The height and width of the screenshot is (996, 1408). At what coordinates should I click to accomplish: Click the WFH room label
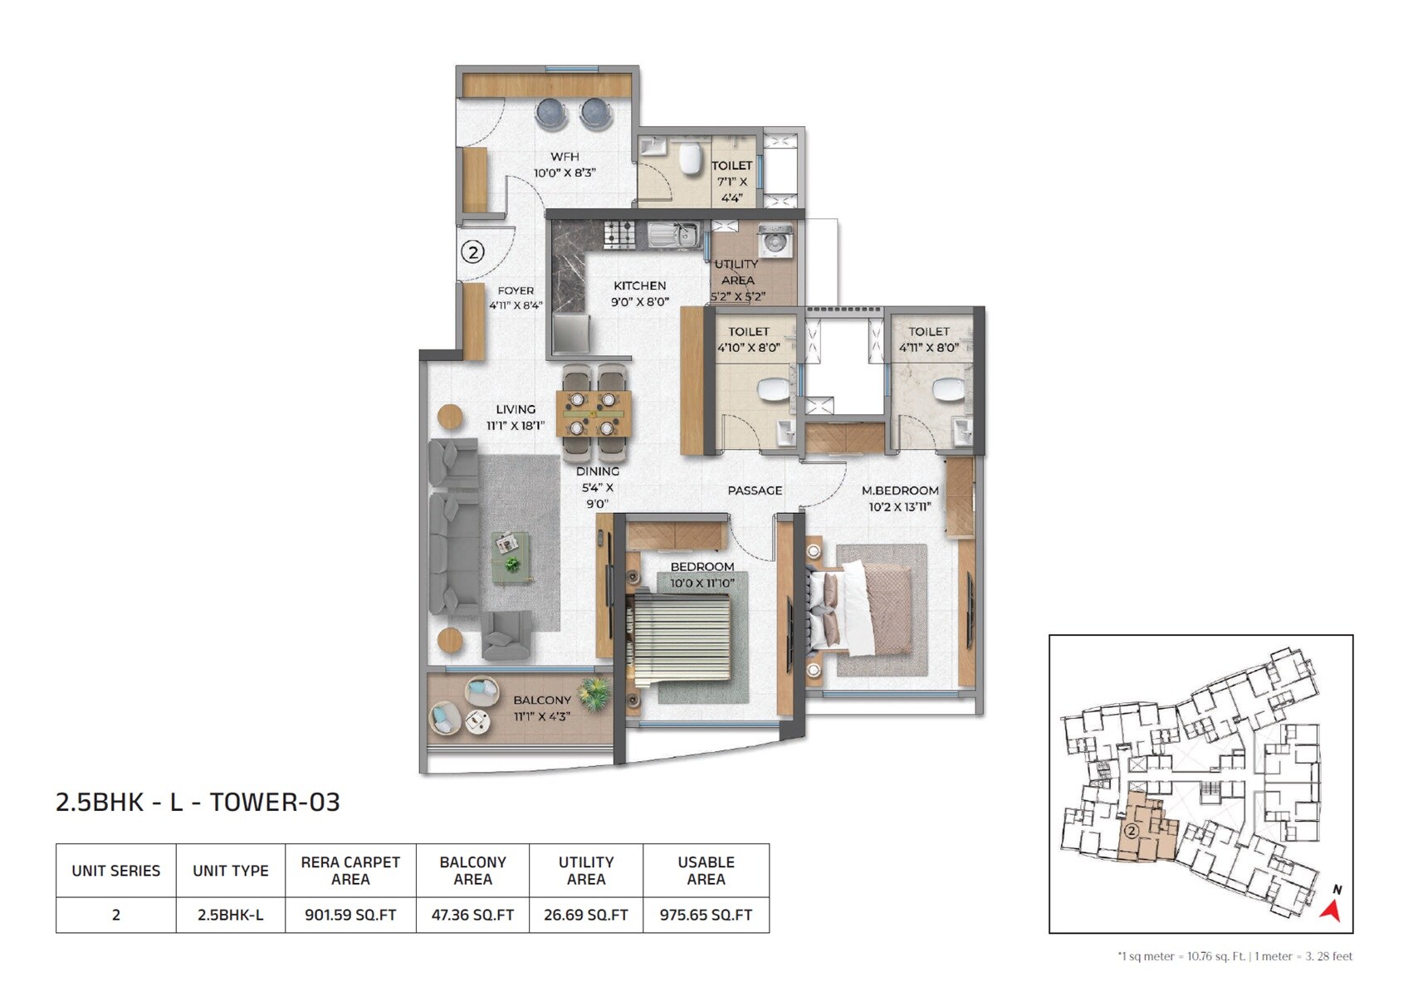(565, 156)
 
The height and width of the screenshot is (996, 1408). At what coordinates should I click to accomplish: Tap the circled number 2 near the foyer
(472, 251)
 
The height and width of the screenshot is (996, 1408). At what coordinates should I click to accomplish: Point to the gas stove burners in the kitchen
(619, 234)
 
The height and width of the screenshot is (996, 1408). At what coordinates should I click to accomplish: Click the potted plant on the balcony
(594, 693)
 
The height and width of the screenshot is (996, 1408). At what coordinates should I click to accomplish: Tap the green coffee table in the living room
(511, 557)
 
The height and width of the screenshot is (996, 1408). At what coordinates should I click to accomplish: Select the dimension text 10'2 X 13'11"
(900, 506)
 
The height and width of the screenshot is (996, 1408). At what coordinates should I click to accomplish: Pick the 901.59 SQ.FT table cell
(350, 915)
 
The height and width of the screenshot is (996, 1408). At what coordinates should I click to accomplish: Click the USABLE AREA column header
(706, 870)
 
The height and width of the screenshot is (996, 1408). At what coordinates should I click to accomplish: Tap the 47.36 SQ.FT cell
(472, 915)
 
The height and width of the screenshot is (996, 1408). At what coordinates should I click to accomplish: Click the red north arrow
(1332, 910)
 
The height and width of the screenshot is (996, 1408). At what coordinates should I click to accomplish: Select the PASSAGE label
(755, 491)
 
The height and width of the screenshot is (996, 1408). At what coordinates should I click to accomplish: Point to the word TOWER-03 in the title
(274, 802)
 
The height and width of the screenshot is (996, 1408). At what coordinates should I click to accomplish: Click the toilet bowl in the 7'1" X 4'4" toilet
(690, 160)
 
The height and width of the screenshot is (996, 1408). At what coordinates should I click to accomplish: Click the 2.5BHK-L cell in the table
(230, 915)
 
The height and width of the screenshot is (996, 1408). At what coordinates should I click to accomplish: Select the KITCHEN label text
(639, 286)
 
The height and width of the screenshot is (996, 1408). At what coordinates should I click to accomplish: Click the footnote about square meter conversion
(1234, 956)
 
